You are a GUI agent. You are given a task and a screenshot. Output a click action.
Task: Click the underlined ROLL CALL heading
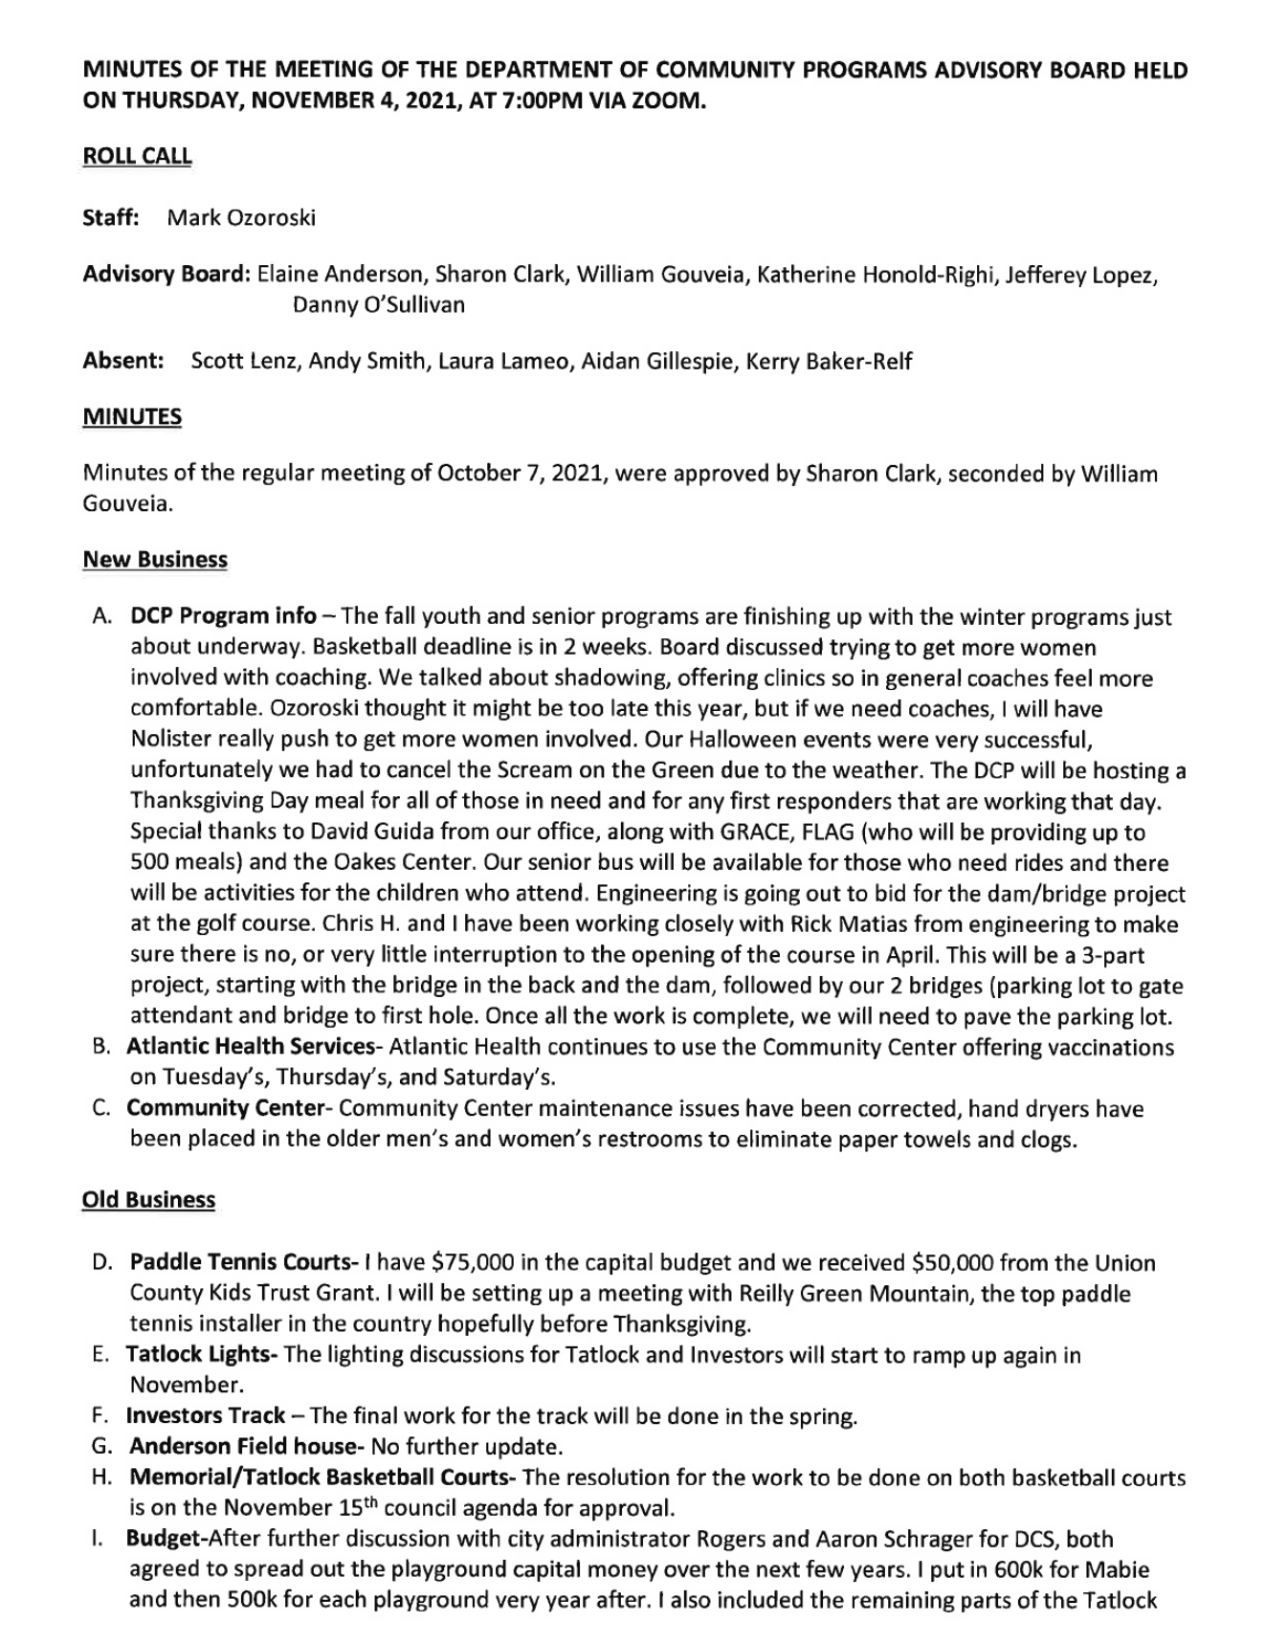(137, 156)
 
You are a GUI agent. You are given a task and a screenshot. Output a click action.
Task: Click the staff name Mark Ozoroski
(241, 217)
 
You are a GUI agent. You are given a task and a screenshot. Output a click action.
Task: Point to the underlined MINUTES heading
(132, 416)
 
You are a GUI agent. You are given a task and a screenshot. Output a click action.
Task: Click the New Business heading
(155, 559)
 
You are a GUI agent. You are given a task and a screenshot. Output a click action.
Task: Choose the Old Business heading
(148, 1199)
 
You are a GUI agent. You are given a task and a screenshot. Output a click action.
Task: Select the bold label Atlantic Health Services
(250, 1046)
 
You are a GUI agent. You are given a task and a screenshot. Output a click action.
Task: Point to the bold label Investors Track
(206, 1415)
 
